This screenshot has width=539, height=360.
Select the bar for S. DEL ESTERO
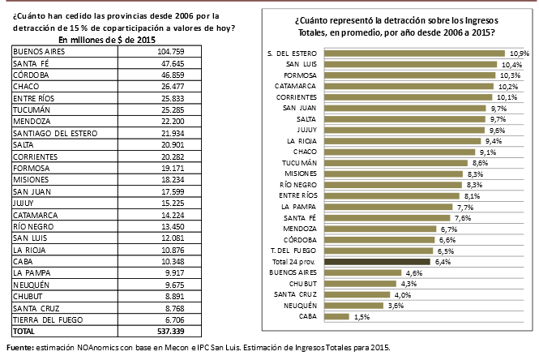[x=403, y=53]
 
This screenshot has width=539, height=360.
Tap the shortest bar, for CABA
[x=336, y=316]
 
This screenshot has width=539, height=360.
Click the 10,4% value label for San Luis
[x=511, y=64]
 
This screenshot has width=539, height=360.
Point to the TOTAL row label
[x=24, y=332]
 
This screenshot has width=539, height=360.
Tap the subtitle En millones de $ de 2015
[x=108, y=40]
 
